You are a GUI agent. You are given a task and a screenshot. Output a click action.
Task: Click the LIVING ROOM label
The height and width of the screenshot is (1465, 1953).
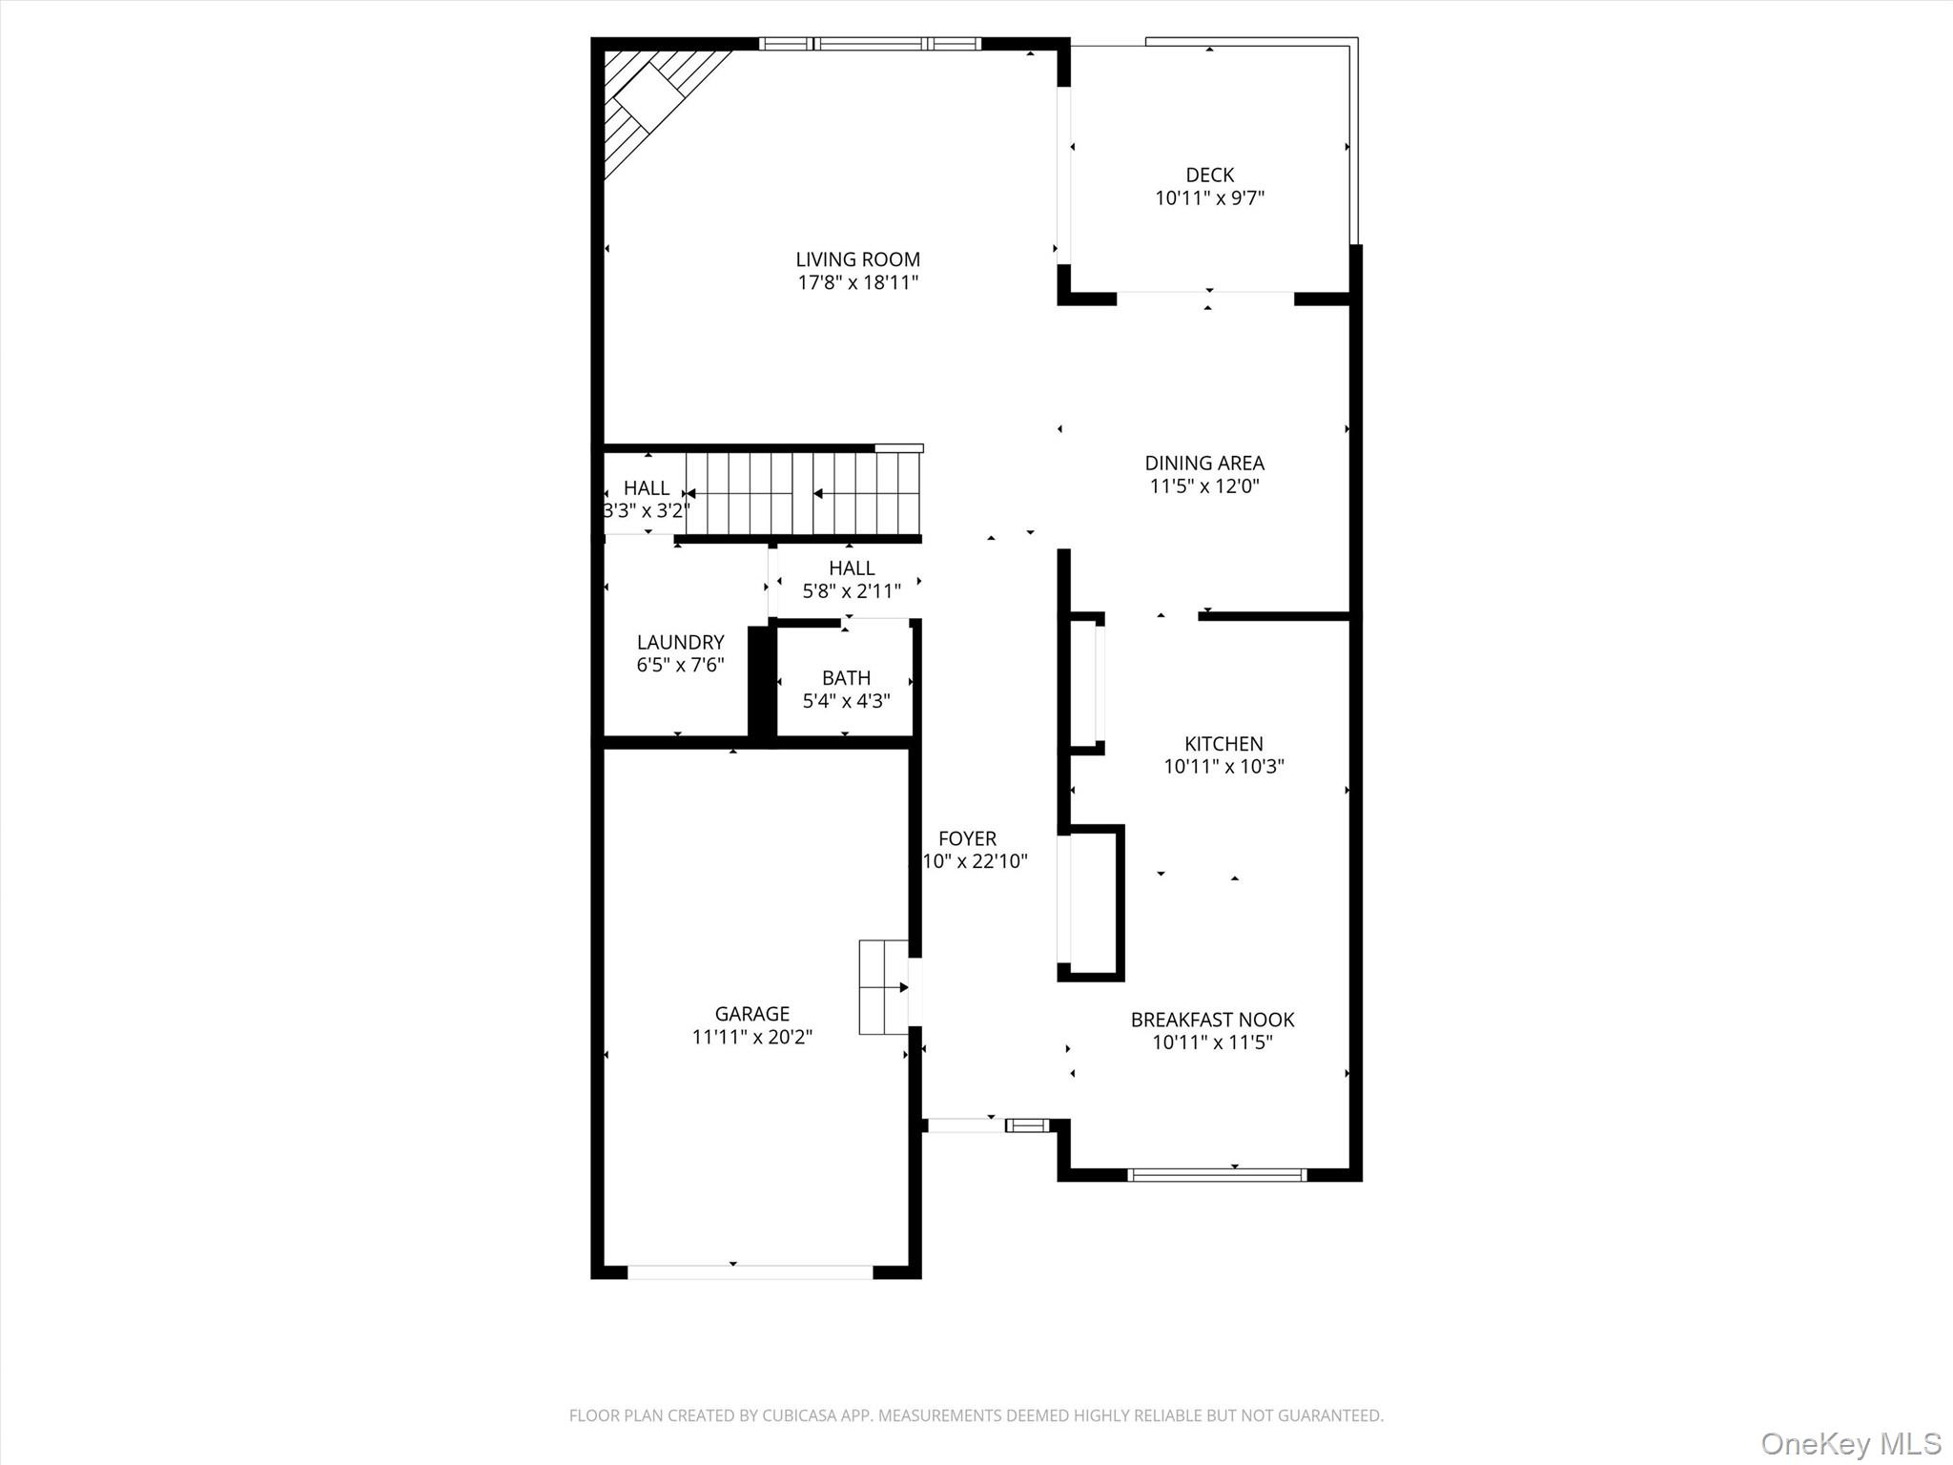[857, 259]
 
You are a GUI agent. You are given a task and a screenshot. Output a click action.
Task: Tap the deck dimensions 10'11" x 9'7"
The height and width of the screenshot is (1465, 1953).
[1209, 198]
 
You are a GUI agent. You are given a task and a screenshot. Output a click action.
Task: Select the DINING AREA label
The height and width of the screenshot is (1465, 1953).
[1204, 464]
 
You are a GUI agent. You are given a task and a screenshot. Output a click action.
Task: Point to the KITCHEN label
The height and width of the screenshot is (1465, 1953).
[1223, 744]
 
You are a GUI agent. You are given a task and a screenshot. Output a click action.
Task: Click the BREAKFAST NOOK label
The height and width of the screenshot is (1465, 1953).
[1212, 1020]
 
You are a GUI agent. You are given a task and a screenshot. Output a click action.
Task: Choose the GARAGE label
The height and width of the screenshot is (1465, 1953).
[751, 1014]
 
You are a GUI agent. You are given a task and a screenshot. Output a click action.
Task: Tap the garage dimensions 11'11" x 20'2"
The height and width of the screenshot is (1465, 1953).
[751, 1037]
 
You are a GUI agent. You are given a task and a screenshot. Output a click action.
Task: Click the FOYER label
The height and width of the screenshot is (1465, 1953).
[967, 839]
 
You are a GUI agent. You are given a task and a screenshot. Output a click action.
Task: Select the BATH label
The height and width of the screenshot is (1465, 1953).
[846, 678]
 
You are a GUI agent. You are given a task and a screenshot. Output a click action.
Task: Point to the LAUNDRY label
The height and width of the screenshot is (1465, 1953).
[680, 643]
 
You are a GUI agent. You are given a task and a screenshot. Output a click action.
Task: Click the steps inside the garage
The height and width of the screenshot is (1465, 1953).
[883, 987]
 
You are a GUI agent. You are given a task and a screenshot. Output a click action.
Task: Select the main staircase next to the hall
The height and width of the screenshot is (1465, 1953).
[801, 494]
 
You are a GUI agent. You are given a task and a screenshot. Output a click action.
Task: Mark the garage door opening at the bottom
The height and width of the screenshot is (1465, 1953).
[750, 1271]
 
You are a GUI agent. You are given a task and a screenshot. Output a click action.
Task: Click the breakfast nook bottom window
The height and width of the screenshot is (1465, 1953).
[1216, 1175]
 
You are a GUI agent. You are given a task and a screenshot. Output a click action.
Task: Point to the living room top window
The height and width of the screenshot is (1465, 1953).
[870, 43]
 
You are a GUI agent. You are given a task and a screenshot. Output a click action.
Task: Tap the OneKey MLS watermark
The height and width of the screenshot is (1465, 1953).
[1850, 1443]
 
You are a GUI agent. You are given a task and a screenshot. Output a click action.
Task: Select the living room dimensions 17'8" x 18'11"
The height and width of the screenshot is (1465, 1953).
[857, 282]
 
